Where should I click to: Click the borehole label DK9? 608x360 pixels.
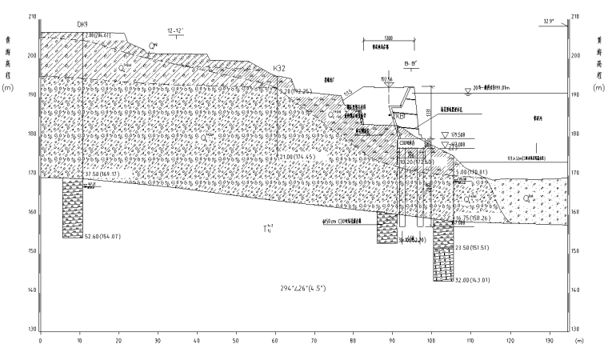tap(82, 25)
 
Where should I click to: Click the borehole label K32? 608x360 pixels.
tap(279, 69)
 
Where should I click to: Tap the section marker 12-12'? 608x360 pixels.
tap(175, 30)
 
